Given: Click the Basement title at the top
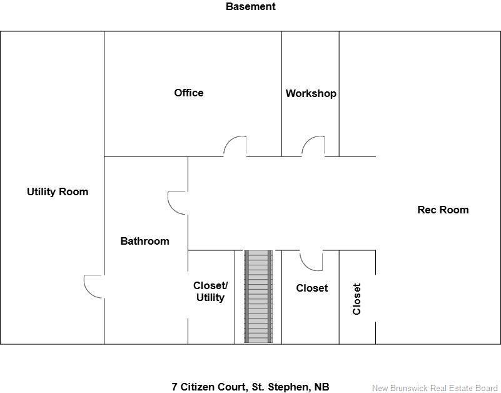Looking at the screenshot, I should click(250, 7).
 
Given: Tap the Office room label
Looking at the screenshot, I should click(188, 93).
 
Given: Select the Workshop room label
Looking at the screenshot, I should click(311, 93).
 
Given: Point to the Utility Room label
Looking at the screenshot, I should click(58, 191).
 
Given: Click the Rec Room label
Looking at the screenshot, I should click(443, 210).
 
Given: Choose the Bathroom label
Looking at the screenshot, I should click(144, 241).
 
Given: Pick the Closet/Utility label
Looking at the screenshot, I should click(210, 291).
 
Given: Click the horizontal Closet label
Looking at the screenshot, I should click(311, 288).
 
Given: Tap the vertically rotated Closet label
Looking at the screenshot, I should click(357, 299).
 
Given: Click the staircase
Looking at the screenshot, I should click(258, 297).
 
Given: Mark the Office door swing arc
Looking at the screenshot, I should click(235, 145).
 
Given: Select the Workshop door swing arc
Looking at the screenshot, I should click(313, 145).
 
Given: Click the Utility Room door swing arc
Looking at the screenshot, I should click(93, 287).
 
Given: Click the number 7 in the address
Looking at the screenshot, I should click(175, 387).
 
